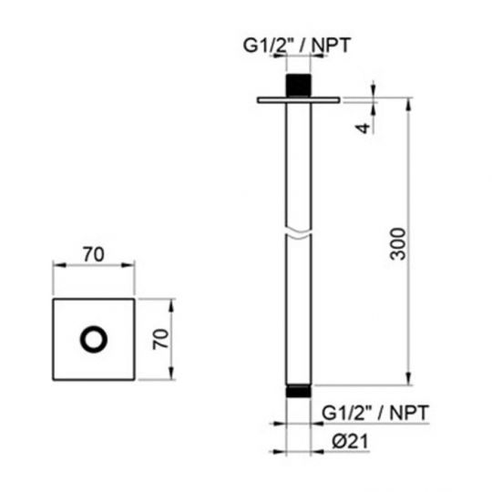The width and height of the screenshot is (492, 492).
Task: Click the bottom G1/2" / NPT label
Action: (375, 411)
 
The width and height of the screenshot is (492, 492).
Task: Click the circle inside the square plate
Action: (95, 340)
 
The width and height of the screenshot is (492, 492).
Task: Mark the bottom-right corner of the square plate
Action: (135, 380)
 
